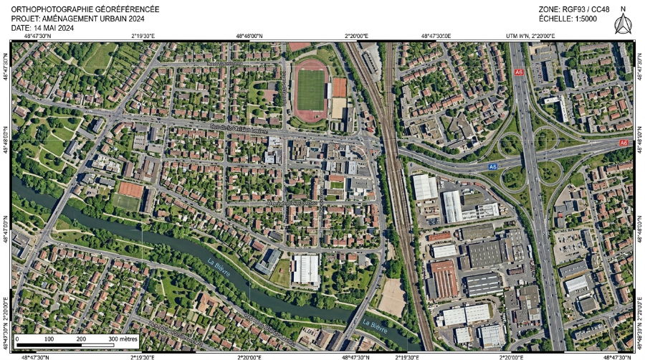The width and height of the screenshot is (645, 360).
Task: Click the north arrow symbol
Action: click(x=622, y=25)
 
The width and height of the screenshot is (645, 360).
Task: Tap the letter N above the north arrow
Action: click(x=623, y=9)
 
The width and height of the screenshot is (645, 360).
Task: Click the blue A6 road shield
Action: click(x=492, y=166)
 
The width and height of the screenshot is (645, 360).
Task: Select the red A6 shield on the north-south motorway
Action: click(x=519, y=72)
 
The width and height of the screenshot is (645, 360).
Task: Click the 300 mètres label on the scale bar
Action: click(x=123, y=338)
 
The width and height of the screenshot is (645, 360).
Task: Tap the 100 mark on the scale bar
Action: click(x=49, y=338)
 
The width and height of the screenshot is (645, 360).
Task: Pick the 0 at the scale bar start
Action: click(x=17, y=338)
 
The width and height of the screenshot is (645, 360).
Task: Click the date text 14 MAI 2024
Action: click(x=54, y=28)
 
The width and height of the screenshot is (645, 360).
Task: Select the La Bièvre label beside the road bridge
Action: click(x=375, y=326)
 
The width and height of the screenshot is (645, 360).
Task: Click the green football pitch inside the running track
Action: click(x=310, y=90)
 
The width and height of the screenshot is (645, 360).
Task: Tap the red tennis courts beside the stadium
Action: click(x=339, y=87)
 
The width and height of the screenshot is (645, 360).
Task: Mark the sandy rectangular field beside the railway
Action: click(x=392, y=297)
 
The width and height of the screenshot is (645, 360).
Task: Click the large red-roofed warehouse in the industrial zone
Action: click(x=444, y=279)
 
